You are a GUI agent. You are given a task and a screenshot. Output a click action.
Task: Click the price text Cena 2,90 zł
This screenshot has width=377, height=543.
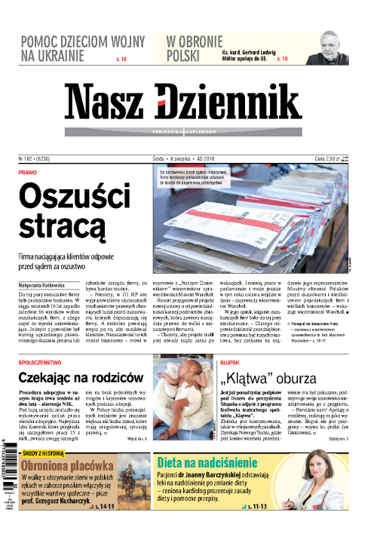point(333,160)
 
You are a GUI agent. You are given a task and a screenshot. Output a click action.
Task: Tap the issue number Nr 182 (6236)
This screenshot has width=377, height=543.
point(35,160)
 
